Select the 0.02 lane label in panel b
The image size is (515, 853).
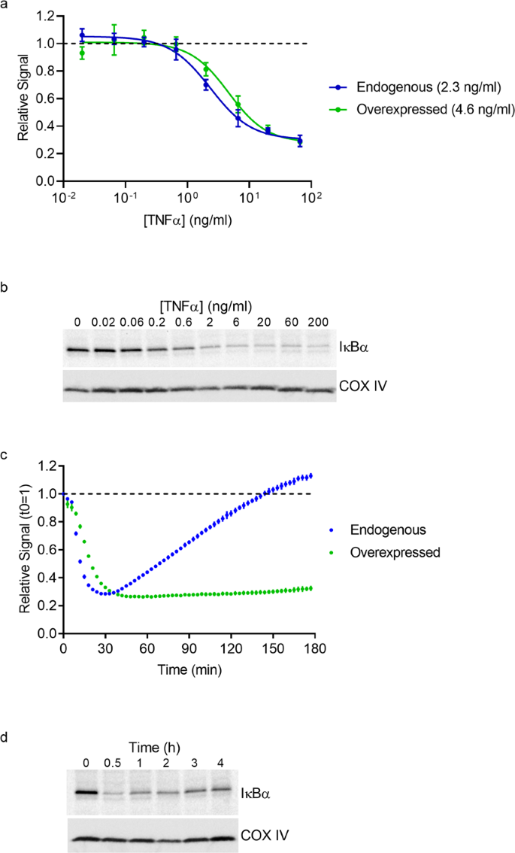coord(104,324)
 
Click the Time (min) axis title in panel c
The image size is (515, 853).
coord(187,668)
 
